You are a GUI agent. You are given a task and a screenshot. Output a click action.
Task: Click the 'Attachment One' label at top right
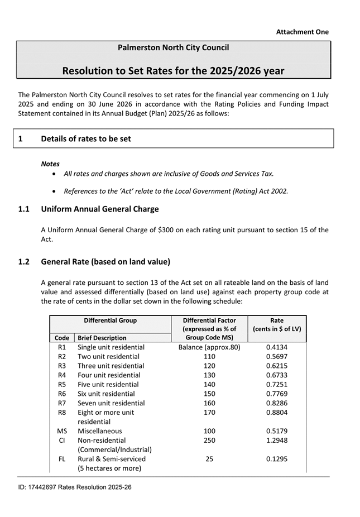(302, 32)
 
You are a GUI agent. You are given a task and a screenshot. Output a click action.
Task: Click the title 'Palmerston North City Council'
(173, 48)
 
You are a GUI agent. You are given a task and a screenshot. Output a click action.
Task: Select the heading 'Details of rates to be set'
(85, 138)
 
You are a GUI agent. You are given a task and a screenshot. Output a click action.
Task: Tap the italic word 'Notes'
(50, 164)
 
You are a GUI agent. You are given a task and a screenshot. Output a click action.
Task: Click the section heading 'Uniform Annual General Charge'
(99, 209)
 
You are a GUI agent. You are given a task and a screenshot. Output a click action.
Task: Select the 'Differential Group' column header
(110, 320)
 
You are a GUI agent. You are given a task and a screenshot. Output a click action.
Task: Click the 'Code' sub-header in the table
(62, 338)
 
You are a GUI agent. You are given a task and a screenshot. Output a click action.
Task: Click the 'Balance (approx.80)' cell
(209, 347)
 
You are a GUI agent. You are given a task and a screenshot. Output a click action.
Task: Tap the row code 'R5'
(62, 385)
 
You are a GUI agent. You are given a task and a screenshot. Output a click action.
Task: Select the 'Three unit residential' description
(111, 366)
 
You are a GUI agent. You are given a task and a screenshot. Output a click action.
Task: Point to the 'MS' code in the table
(62, 431)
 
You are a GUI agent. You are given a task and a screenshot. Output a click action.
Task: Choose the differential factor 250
(209, 441)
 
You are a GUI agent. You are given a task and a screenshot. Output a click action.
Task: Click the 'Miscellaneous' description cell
(99, 431)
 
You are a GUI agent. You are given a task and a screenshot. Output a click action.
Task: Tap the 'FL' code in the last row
(62, 459)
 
